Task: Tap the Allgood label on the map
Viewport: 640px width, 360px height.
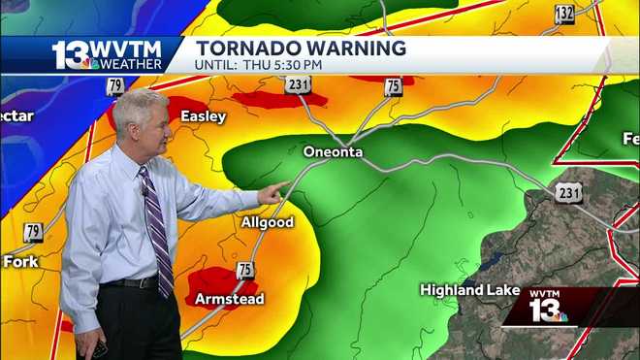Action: point(267,223)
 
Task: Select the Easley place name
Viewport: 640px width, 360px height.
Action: point(203,116)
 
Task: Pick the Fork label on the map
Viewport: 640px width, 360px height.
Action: point(20,261)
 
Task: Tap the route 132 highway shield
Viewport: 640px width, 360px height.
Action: point(564,14)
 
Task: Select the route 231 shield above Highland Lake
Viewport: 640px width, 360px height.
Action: point(569,194)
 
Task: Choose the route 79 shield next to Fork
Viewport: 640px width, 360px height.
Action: point(34,232)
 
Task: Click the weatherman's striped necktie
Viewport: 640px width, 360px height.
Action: point(157,228)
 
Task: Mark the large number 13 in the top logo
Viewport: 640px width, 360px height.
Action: point(74,54)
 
